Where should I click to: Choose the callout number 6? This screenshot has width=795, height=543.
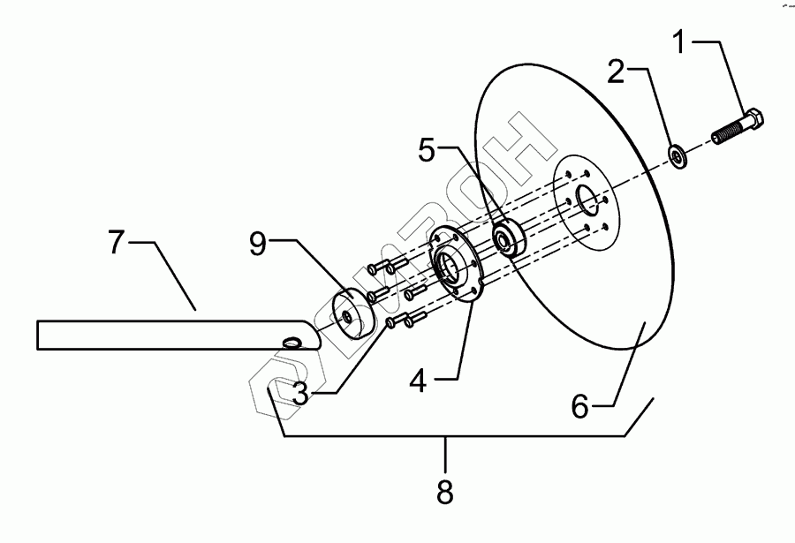[580, 408]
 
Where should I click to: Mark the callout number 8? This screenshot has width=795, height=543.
[445, 492]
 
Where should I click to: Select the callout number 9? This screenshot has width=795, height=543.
[257, 245]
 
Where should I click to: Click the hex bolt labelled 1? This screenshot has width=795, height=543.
[738, 129]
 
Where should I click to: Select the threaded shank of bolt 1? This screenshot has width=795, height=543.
[727, 135]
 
